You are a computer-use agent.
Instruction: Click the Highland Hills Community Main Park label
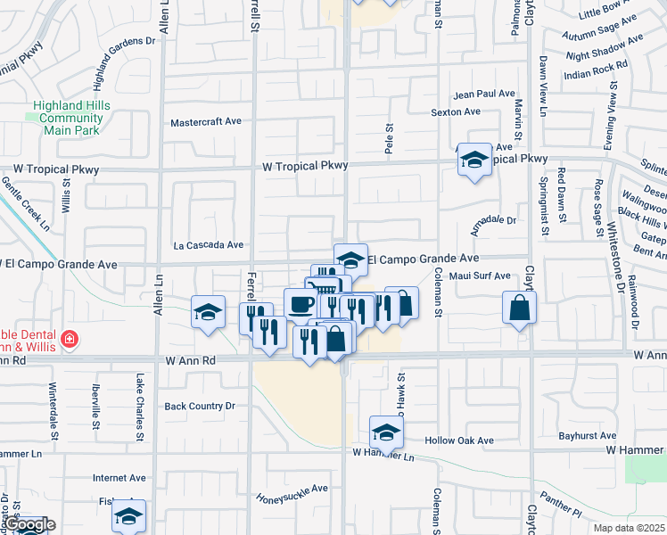[70, 118]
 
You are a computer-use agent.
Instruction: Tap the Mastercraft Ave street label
[206, 121]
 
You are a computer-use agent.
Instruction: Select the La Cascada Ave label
[209, 244]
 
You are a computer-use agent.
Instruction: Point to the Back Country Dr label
[200, 406]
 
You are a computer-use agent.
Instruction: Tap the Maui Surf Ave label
[479, 276]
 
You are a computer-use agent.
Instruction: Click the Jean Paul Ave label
[485, 94]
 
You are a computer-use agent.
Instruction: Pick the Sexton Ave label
[456, 112]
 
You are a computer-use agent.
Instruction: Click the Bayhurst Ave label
[586, 436]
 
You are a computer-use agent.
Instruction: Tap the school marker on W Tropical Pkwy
[474, 160]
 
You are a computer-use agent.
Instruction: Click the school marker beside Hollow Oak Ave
[386, 432]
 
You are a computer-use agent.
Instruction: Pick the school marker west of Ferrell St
[209, 312]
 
